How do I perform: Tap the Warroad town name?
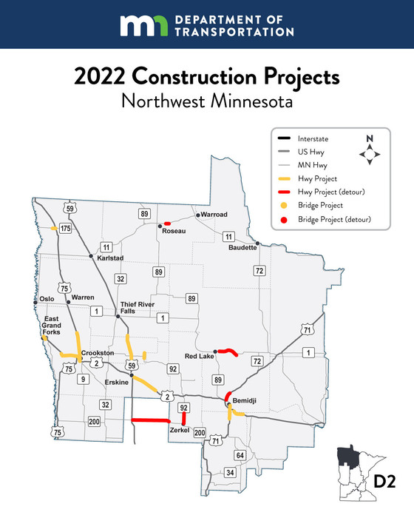click(213, 215)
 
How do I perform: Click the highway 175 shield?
click(65, 229)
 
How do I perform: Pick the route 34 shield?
click(230, 472)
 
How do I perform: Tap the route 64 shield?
click(239, 454)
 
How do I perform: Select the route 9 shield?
click(84, 380)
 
